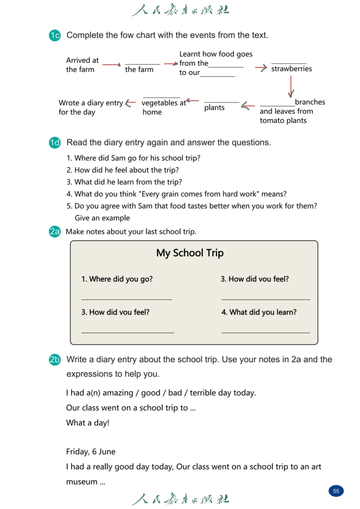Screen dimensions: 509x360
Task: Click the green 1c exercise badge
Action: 55,35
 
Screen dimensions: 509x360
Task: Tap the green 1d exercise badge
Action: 55,143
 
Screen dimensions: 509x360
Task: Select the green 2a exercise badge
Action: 55,231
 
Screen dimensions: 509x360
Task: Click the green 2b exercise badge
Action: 55,360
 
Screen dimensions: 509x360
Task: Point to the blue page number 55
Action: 336,491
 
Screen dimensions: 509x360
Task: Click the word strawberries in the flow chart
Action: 291,69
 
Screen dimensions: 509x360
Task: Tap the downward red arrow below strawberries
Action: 291,86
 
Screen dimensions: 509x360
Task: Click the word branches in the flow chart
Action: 310,102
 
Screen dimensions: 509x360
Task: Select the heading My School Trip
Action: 190,253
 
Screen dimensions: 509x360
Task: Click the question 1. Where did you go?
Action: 117,279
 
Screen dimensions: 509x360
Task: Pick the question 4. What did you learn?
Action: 259,312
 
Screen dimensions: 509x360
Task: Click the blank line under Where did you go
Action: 127,299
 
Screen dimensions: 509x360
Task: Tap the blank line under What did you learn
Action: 266,332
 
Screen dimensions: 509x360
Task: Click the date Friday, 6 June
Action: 91,452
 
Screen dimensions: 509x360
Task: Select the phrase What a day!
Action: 88,423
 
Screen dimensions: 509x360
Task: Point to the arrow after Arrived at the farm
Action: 112,65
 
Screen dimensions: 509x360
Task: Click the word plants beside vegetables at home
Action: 214,108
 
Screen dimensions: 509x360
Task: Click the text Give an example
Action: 102,218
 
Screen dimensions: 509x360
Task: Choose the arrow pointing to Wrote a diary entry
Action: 130,103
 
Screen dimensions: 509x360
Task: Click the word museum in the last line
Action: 82,482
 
